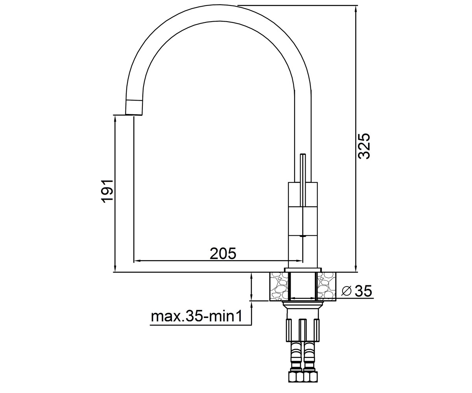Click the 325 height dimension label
[x=364, y=146]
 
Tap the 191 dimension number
[x=107, y=191]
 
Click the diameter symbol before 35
[x=347, y=291]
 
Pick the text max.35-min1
[x=196, y=316]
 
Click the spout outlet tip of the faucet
[x=134, y=114]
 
